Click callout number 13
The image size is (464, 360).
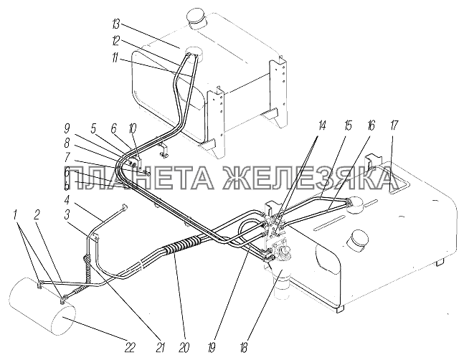click(115, 24)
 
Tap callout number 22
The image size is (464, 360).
click(130, 347)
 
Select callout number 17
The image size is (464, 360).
click(394, 125)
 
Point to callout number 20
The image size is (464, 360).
click(184, 347)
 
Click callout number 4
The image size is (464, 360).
click(67, 200)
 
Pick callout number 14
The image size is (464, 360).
click(322, 125)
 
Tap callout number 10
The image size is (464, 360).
click(133, 129)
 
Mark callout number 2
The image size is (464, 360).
click(37, 215)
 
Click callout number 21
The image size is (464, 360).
click(160, 347)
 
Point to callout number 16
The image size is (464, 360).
click(371, 125)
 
